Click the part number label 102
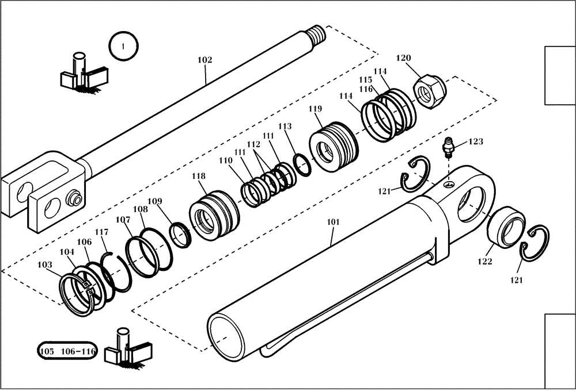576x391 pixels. tap(204, 60)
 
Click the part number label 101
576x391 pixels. tap(334, 221)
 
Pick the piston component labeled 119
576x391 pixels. tap(333, 147)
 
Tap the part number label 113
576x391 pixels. tap(285, 126)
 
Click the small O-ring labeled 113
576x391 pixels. tap(302, 163)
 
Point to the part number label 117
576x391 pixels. tap(102, 232)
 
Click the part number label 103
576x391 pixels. tap(45, 264)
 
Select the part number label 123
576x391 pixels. tap(475, 141)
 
